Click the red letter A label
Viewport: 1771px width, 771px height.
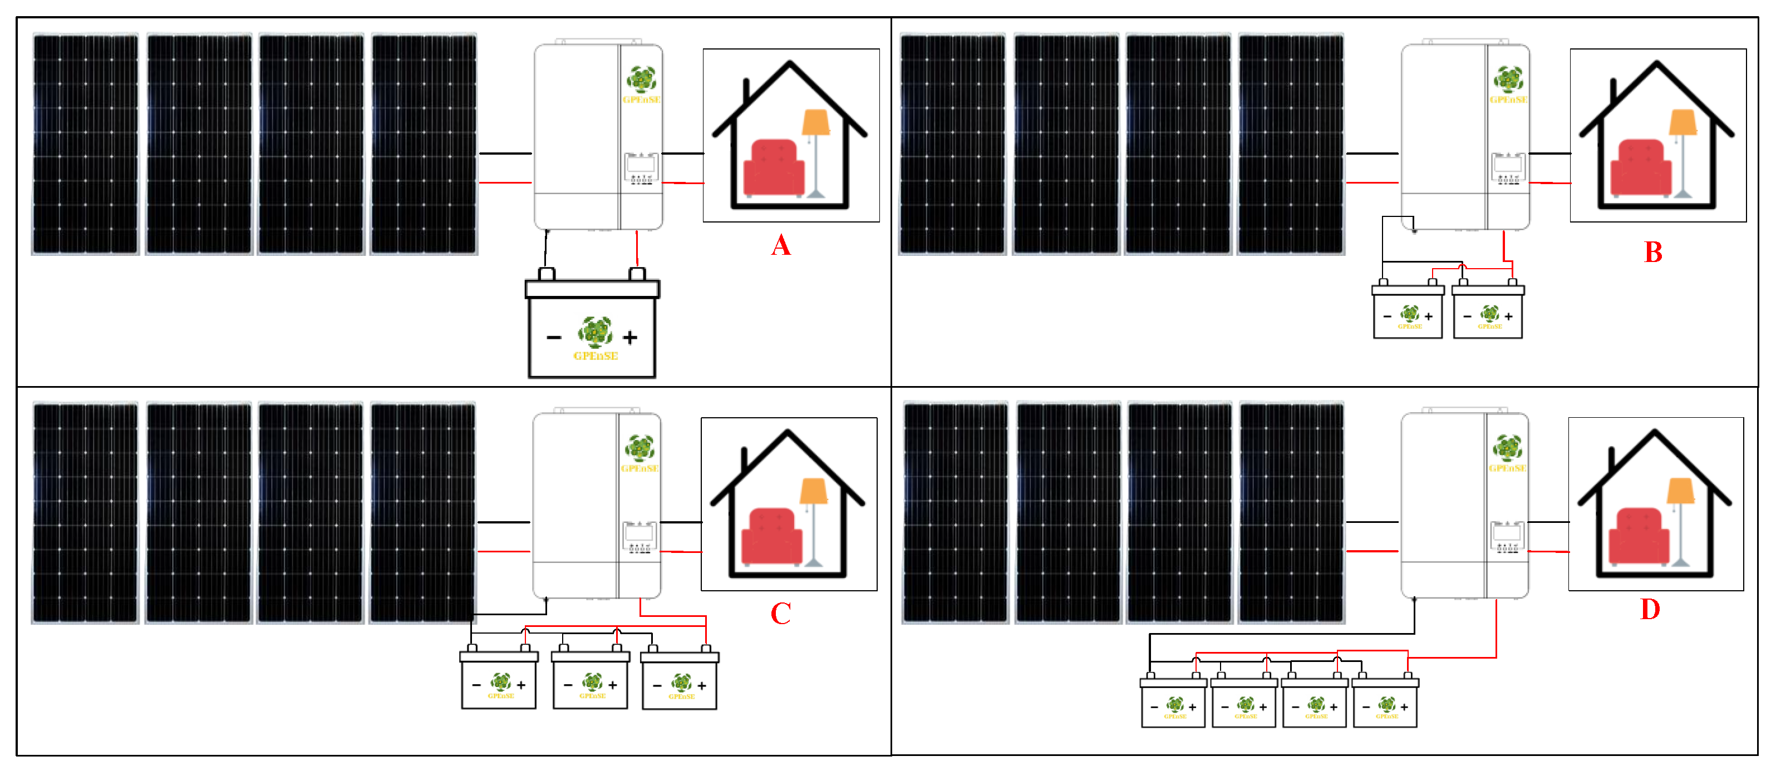(x=780, y=245)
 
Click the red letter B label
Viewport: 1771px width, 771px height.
(x=1653, y=252)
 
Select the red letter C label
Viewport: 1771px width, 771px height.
(x=780, y=614)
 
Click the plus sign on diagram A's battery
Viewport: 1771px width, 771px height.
(x=629, y=338)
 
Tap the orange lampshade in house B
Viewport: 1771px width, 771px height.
(x=1683, y=122)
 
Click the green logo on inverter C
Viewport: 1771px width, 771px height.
(x=639, y=447)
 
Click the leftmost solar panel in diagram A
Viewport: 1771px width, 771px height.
(x=85, y=144)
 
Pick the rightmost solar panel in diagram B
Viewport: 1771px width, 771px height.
(x=1291, y=144)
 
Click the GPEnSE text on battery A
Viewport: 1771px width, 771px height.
(x=596, y=356)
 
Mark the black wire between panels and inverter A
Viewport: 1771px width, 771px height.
(x=505, y=153)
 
